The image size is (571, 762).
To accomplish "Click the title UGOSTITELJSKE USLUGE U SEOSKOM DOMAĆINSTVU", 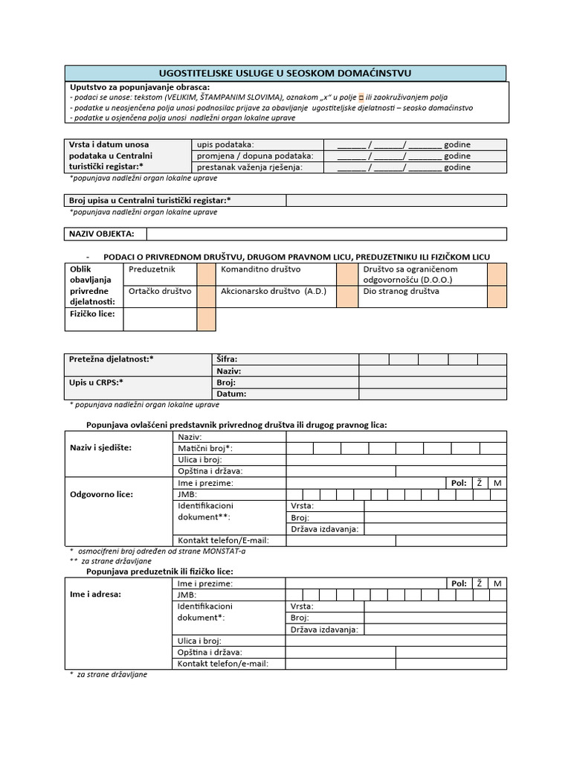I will coord(285,72).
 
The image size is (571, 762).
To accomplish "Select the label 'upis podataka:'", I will coord(225,144).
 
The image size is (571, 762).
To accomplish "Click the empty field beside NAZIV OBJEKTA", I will coord(326,234).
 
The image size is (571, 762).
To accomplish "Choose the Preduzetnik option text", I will coord(152,269).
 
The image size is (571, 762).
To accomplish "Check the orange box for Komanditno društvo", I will coord(346,275).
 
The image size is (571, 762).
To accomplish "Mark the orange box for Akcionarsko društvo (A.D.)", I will coord(346,297).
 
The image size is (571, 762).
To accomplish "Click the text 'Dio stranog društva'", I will coord(401,292).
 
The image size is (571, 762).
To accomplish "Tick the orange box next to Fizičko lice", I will coord(206,320).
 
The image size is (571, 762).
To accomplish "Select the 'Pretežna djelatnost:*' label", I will coord(112,359).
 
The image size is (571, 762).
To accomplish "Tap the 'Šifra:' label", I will coord(227,359).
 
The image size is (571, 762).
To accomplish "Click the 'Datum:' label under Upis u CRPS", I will coord(230,394).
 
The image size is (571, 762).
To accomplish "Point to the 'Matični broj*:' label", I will coord(205,448).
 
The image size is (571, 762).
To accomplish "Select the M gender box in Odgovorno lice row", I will coord(497,483).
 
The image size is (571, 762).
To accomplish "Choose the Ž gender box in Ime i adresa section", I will coord(480,583).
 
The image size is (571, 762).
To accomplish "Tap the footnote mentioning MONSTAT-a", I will coord(159,551).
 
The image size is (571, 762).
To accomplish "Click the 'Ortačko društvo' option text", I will coord(161,292).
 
